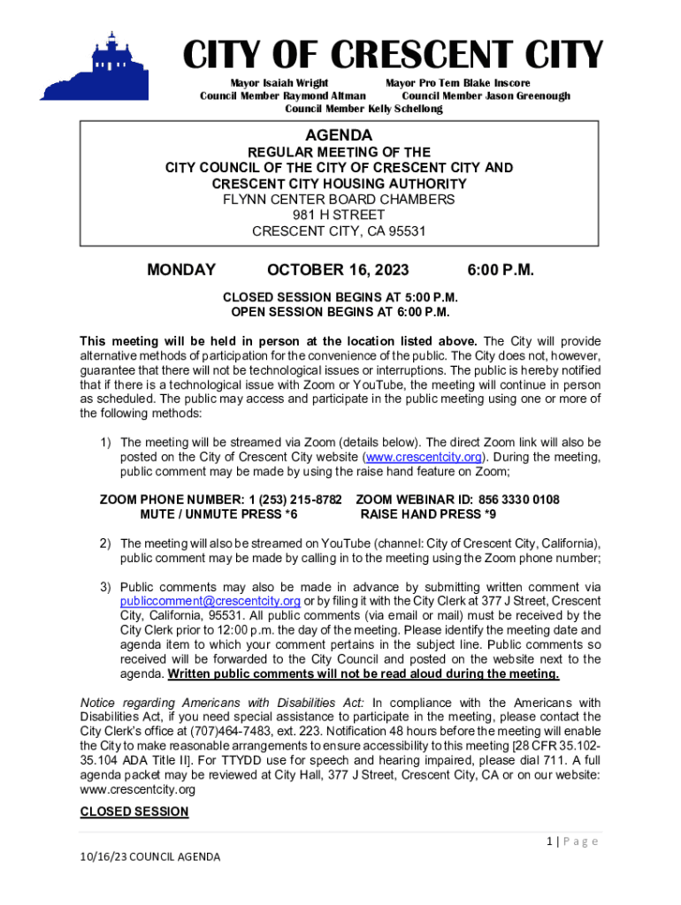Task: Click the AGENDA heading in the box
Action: (339, 135)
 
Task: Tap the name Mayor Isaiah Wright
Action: (279, 83)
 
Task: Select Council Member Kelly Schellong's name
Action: (363, 109)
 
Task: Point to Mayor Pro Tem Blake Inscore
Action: (457, 83)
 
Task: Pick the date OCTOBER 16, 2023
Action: (338, 270)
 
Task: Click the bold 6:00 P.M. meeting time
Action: (500, 270)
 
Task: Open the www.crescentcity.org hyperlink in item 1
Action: (425, 457)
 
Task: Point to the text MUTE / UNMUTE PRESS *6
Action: (218, 513)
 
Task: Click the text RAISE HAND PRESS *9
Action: (428, 513)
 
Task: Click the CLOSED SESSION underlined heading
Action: (134, 811)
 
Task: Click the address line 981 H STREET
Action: (339, 216)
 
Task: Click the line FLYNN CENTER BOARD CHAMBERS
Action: (339, 200)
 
